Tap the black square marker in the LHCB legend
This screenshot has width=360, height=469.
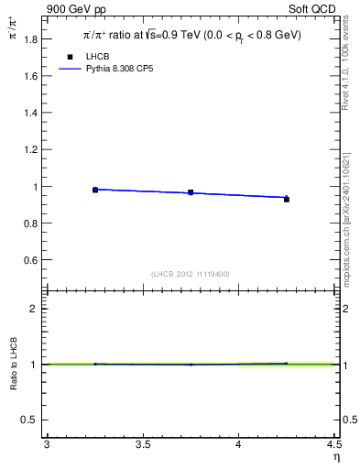point(70,57)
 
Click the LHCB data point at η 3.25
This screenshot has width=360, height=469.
point(95,190)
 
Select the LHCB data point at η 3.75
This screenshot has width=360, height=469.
point(191,192)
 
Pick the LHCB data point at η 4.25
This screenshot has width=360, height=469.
point(287,199)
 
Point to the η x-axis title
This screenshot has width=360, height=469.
point(335,457)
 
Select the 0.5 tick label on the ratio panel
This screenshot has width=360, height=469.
point(31,420)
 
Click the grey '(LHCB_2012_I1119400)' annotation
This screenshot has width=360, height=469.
point(191,274)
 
